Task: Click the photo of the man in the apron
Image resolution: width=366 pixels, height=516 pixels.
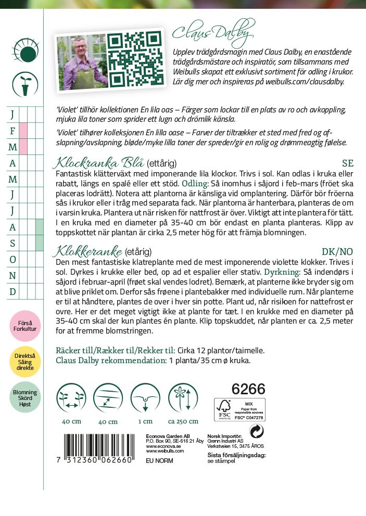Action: pyautogui.click(x=80, y=62)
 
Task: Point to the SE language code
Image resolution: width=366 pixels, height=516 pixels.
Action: pyautogui.click(x=347, y=163)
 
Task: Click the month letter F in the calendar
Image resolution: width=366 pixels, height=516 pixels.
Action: pyautogui.click(x=12, y=131)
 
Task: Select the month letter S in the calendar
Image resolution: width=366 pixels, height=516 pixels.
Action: pyautogui.click(x=12, y=243)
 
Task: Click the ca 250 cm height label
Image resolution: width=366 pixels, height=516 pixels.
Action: pyautogui.click(x=183, y=421)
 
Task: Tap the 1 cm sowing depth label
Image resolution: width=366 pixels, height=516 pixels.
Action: pyautogui.click(x=145, y=421)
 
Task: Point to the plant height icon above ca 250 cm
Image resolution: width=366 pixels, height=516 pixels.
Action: pyautogui.click(x=183, y=398)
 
